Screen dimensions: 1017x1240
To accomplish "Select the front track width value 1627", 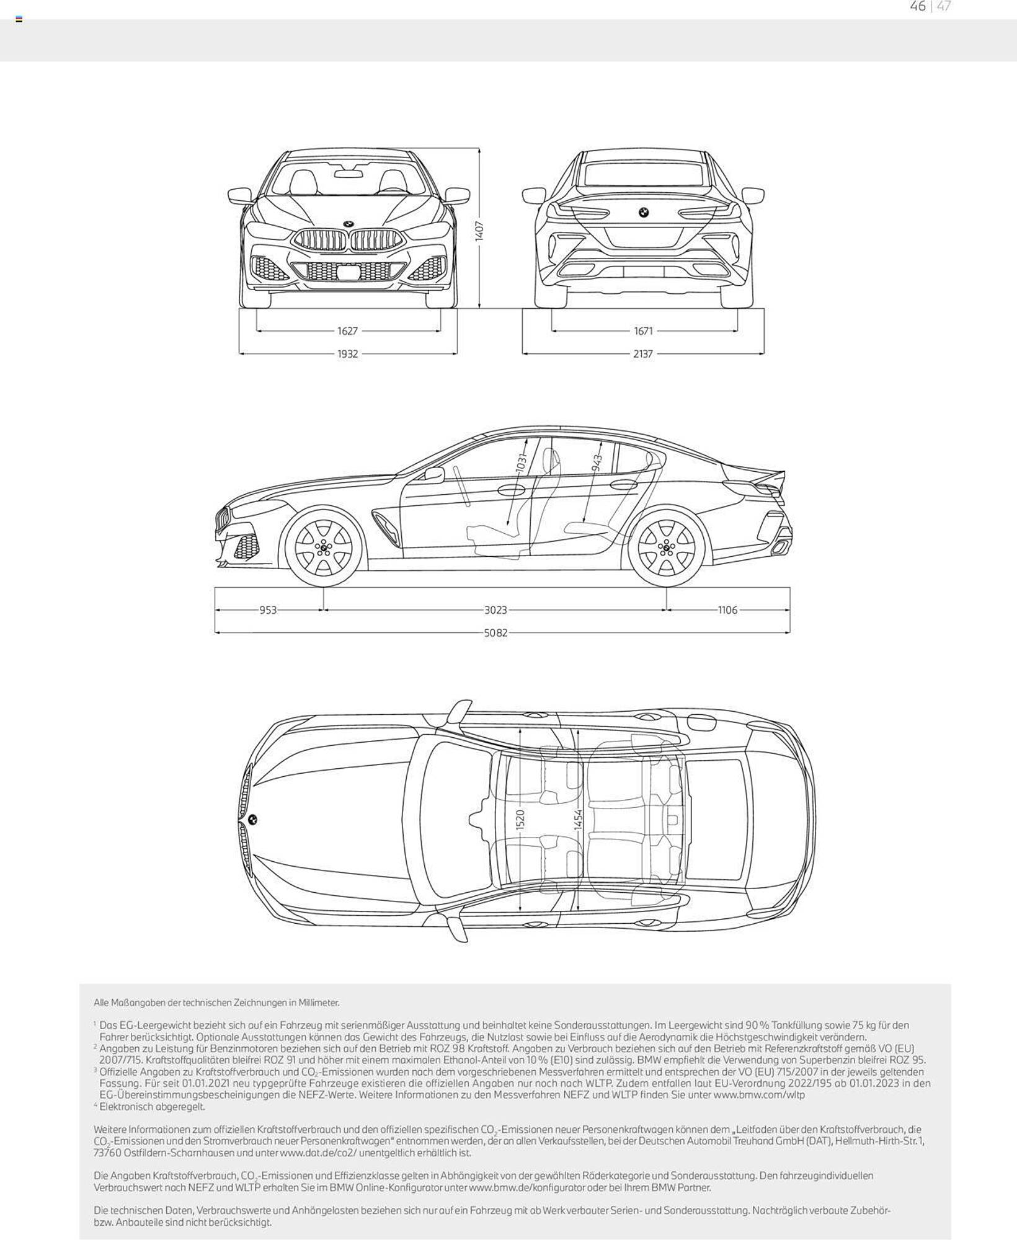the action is click(x=348, y=331).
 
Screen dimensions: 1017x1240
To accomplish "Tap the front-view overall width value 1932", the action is click(x=348, y=354).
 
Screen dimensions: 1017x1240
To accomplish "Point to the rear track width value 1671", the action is click(x=643, y=331).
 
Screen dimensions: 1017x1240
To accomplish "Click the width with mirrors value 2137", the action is click(x=643, y=354).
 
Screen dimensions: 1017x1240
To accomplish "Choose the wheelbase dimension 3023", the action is click(x=495, y=610).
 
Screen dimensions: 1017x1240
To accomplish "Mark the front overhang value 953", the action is click(x=268, y=610).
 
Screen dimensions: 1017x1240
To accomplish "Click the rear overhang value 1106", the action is click(x=728, y=610).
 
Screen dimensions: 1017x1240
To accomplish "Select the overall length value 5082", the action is click(x=495, y=633).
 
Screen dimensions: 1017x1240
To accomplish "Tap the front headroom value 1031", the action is click(x=521, y=463).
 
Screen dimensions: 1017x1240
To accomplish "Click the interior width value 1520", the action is click(x=520, y=820).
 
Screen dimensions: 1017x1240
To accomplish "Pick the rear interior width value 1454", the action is click(x=578, y=820).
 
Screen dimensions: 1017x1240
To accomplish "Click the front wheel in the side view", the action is click(x=323, y=547).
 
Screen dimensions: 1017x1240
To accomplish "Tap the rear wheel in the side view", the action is click(x=667, y=547).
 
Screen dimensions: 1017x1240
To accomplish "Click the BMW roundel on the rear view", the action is click(x=643, y=213).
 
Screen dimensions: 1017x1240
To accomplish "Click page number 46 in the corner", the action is click(x=918, y=6).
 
